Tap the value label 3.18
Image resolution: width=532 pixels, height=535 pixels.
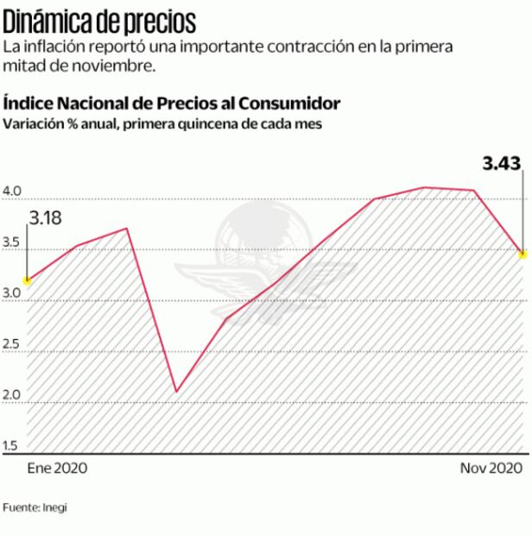pyautogui.click(x=46, y=219)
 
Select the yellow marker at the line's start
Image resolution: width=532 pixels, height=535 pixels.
pyautogui.click(x=27, y=280)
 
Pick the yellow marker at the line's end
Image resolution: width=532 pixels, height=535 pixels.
pyautogui.click(x=522, y=254)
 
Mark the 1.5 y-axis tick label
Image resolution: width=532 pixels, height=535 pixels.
pyautogui.click(x=14, y=445)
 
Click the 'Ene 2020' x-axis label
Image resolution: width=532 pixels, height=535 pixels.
pyautogui.click(x=58, y=468)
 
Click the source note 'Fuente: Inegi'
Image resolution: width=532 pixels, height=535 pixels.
pyautogui.click(x=35, y=507)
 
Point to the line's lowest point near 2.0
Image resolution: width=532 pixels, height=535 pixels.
pyautogui.click(x=176, y=392)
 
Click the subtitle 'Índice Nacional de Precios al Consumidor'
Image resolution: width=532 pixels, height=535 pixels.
pyautogui.click(x=172, y=104)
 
